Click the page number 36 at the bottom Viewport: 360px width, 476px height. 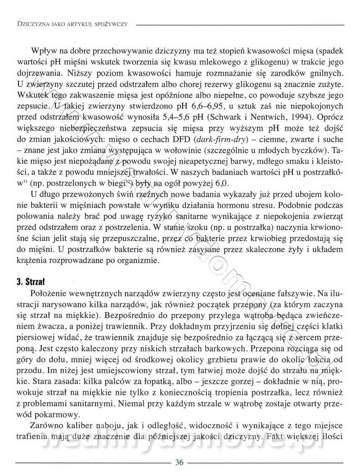[x=180, y=462]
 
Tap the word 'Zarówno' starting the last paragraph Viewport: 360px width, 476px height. [x=44, y=425]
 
